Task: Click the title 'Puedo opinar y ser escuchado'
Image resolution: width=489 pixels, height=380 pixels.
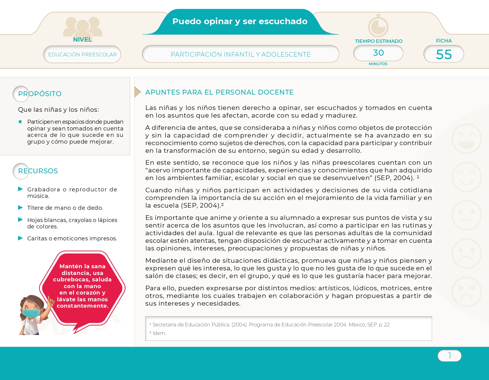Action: point(240,21)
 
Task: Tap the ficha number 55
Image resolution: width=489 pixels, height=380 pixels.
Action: point(444,54)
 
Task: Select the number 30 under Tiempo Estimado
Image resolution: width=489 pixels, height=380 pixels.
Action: point(378,53)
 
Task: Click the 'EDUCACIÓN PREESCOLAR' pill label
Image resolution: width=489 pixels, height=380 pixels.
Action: point(82,55)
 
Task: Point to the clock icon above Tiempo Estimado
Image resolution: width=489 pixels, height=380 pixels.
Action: point(378,26)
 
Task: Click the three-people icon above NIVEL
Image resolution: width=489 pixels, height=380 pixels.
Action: point(82,27)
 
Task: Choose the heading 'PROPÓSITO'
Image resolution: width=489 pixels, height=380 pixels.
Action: point(40,94)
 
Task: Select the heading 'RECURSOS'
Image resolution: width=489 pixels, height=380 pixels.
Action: point(38,171)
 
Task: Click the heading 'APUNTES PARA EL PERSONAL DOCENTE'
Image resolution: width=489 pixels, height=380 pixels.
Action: point(219,92)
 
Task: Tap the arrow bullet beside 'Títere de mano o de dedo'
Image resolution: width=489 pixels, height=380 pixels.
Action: point(21,208)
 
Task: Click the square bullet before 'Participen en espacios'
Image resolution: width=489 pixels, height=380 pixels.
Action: point(20,122)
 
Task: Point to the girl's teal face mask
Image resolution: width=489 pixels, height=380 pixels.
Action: point(31,313)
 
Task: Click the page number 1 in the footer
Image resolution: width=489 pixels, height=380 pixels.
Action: point(449,356)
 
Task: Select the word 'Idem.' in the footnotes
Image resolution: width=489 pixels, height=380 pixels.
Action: point(159,333)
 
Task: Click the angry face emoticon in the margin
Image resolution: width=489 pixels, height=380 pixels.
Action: point(466,292)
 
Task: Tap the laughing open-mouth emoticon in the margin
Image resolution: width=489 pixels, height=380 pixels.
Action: point(466,139)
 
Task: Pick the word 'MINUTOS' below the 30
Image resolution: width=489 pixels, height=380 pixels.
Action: point(378,64)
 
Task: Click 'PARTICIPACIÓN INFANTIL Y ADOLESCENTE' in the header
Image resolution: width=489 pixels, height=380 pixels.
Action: point(241,55)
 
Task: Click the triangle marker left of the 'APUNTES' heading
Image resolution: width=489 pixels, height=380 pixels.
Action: point(137,92)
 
